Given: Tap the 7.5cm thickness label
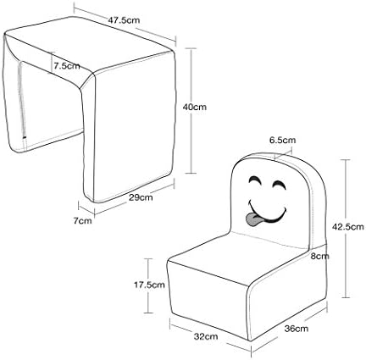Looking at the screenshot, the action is pyautogui.click(x=67, y=66).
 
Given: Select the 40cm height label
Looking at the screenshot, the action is pyautogui.click(x=195, y=107).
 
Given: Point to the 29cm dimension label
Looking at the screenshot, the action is pyautogui.click(x=141, y=197).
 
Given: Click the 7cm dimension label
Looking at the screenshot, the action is pyautogui.click(x=83, y=220).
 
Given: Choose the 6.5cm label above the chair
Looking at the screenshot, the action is pyautogui.click(x=283, y=140).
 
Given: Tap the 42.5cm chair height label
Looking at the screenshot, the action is pyautogui.click(x=348, y=226).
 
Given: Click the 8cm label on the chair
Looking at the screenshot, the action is pyautogui.click(x=320, y=256).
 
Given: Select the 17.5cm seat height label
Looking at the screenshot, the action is pyautogui.click(x=149, y=285).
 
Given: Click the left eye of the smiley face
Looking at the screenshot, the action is pyautogui.click(x=255, y=180).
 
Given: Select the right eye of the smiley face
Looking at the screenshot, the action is pyautogui.click(x=279, y=185).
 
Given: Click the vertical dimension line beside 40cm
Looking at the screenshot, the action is pyautogui.click(x=192, y=111).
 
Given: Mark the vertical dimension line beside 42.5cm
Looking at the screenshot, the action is pyautogui.click(x=347, y=229).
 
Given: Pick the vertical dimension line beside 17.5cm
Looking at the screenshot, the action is pyautogui.click(x=148, y=285).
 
